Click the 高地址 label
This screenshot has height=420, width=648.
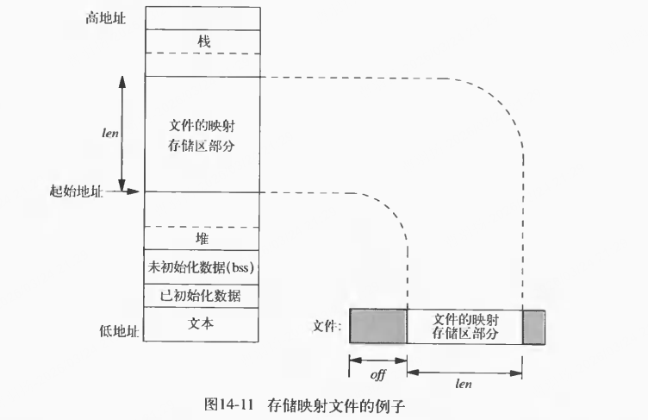(107, 16)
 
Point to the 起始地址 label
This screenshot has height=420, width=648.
(76, 191)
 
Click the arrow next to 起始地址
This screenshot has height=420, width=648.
(124, 191)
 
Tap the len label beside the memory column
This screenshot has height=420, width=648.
(109, 134)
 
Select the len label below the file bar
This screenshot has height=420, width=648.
(464, 383)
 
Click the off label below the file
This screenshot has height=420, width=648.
(377, 375)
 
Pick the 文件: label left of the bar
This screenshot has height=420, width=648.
(328, 327)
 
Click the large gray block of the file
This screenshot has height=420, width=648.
(377, 326)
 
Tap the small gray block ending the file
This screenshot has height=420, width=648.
(534, 326)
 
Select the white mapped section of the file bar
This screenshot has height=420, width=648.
(464, 326)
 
